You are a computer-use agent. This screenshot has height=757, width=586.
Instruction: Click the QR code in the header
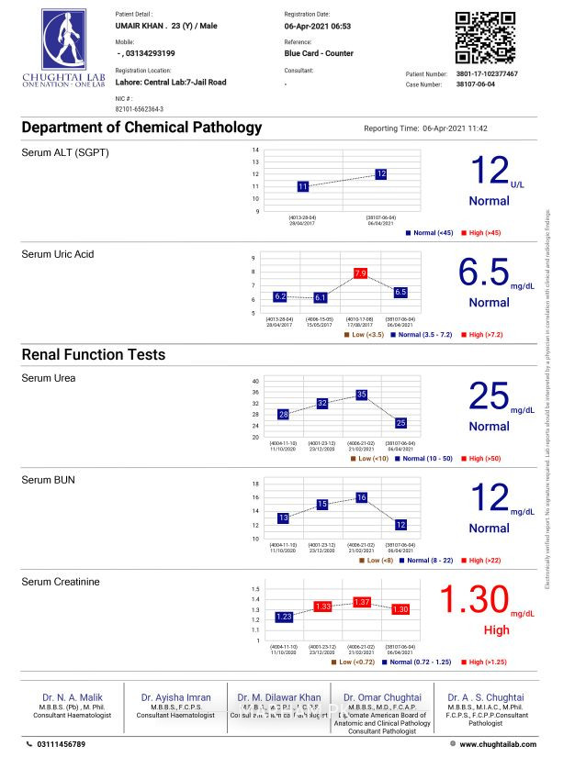point(485,37)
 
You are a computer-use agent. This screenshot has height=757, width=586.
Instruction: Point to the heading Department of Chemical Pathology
point(141,128)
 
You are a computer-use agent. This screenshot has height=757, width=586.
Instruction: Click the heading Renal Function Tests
point(94,354)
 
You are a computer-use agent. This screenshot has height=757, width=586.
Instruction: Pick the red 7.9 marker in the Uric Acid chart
point(360,273)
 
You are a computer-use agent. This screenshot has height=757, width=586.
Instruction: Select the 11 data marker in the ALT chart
point(303,186)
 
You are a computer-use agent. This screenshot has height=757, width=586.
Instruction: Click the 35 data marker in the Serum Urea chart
point(361,395)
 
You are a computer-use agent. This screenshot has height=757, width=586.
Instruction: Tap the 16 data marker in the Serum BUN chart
point(361,497)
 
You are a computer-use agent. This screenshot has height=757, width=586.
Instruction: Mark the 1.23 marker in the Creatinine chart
point(284,618)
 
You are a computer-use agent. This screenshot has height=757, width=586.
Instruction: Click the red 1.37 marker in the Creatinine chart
point(361,602)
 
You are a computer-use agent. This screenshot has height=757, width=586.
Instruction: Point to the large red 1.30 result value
point(473,600)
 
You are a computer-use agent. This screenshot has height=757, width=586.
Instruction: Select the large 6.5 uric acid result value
point(483,273)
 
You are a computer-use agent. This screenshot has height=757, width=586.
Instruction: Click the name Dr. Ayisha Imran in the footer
point(175,697)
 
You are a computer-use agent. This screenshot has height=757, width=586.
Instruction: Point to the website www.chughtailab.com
point(498,744)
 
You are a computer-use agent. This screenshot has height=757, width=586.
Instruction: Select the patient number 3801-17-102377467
point(487,73)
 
